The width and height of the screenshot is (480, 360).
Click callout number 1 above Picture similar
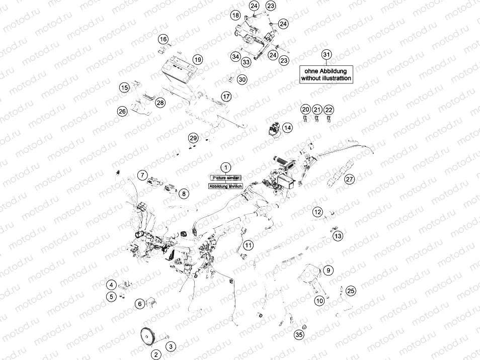tap(226, 167)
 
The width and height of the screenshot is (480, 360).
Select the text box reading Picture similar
tap(226, 177)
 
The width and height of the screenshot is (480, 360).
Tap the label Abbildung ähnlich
tap(226, 186)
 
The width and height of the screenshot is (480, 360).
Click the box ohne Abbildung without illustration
tap(326, 74)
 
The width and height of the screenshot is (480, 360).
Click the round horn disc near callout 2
tap(148, 336)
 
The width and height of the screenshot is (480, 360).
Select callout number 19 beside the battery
tap(197, 60)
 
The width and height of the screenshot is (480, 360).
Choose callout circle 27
tap(350, 179)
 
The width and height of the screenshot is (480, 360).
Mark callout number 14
tap(287, 128)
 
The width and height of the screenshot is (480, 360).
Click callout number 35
tap(299, 334)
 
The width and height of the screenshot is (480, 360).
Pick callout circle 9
tap(328, 270)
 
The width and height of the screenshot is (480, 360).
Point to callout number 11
tap(248, 245)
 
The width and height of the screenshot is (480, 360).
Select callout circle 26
tap(122, 111)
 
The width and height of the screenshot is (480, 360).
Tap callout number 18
tap(235, 16)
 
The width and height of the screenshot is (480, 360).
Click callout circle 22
tap(329, 110)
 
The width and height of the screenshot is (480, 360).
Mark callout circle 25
tap(351, 291)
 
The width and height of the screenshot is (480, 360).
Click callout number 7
tap(143, 175)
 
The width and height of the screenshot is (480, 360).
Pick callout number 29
tap(193, 138)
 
